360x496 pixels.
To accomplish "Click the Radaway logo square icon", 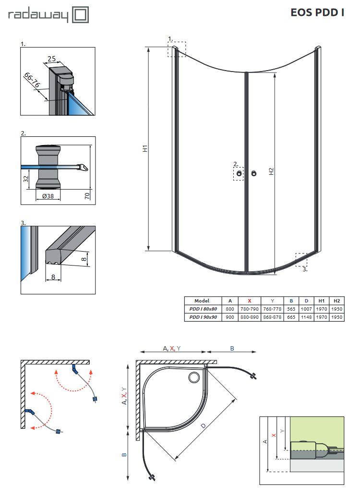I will pos(80,14).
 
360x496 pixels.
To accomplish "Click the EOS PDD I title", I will pos(317,13).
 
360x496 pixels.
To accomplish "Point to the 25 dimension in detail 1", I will pos(51,59).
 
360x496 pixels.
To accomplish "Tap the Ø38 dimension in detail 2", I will pos(48,196).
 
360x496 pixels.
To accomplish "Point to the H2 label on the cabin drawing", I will pos(271,171).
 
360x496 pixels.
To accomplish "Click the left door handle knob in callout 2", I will pos(239,173).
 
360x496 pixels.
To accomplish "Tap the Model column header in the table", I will pos(202,301).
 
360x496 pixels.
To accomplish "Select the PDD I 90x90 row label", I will pos(202,317).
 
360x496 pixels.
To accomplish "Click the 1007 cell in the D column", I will pos(306,309).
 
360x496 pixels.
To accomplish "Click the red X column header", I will pos(249,301).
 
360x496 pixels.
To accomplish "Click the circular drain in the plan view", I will pos(195,377).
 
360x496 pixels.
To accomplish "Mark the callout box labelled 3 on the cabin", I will pos(301,260).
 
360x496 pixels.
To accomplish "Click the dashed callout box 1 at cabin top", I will pos(176,49).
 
